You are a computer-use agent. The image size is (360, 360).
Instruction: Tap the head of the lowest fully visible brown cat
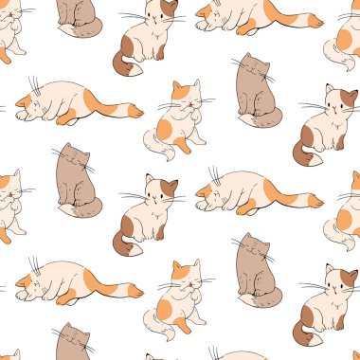tap(252, 248)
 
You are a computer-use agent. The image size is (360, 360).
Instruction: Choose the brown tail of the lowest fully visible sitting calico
tap(302, 332)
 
